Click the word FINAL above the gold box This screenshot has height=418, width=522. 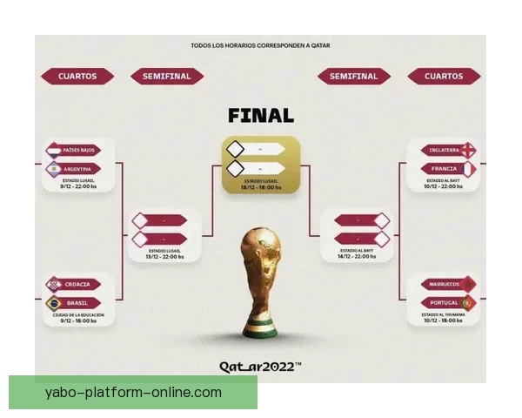(x=261, y=116)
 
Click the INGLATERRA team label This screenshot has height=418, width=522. (x=442, y=150)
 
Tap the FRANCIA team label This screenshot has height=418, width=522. (x=442, y=168)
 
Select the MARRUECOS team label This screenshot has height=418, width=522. (x=442, y=284)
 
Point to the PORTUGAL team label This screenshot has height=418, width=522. (x=442, y=302)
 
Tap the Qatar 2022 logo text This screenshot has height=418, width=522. (x=261, y=367)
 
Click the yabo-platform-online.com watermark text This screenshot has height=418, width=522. (x=132, y=393)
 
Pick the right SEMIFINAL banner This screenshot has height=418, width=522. (x=354, y=77)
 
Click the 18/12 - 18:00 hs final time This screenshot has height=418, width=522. (x=261, y=186)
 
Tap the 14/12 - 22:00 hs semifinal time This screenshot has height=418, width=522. (x=358, y=257)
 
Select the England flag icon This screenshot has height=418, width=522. (x=470, y=150)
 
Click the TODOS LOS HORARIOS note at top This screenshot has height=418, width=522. (x=261, y=45)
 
